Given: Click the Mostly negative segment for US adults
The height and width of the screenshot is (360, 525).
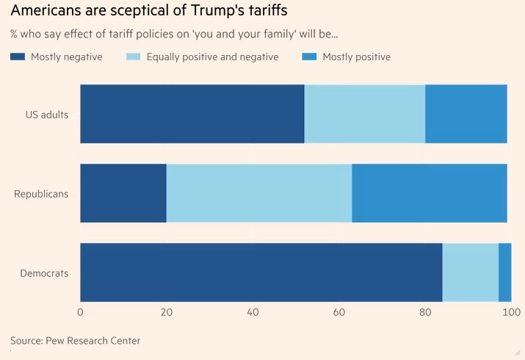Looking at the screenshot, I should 192,114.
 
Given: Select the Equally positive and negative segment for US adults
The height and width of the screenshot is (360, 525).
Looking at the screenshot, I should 365,114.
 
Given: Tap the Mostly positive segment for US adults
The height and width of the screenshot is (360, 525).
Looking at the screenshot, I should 466,114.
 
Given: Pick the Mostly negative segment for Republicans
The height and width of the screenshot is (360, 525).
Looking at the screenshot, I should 123,193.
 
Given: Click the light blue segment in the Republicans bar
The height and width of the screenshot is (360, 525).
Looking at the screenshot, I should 259,193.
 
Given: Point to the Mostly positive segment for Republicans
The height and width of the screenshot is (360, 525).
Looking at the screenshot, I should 430,193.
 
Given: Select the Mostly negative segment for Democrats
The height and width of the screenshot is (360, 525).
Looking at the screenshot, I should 261,273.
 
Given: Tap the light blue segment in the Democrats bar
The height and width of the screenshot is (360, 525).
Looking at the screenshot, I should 471,273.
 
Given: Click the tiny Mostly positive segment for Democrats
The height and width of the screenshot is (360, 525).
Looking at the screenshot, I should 505,273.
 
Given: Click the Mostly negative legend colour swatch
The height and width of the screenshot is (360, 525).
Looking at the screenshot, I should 18,57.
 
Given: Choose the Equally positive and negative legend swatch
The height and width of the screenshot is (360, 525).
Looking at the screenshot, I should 134,57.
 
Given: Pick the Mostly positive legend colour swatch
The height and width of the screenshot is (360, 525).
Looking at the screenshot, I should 309,57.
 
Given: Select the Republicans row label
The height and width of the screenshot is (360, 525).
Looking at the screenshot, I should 41,194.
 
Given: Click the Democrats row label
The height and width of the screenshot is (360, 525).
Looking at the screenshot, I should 44,273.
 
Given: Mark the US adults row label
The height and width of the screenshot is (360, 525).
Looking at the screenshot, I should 47,115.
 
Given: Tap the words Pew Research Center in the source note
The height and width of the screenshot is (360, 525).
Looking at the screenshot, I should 93,340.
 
